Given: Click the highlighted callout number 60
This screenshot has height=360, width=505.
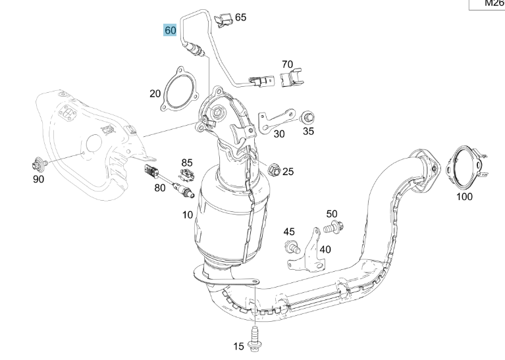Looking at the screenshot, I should [170, 31].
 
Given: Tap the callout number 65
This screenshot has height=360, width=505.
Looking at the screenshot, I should [240, 17].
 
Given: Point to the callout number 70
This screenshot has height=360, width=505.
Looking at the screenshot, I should [287, 64].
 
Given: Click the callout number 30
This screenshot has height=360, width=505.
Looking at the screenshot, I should [279, 134].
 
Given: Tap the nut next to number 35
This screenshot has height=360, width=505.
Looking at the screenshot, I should [306, 118].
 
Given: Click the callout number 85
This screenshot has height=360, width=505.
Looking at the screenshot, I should [187, 162].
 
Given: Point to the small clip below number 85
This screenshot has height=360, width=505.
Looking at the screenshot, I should [187, 174].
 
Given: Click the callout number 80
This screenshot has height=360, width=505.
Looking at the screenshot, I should [159, 188].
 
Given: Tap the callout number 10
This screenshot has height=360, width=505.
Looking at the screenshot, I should [187, 215].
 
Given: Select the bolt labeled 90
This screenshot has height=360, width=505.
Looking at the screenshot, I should [38, 162].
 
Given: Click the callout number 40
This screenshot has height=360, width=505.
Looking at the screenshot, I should [325, 249].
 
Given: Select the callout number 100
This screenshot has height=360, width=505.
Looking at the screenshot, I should [464, 196].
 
